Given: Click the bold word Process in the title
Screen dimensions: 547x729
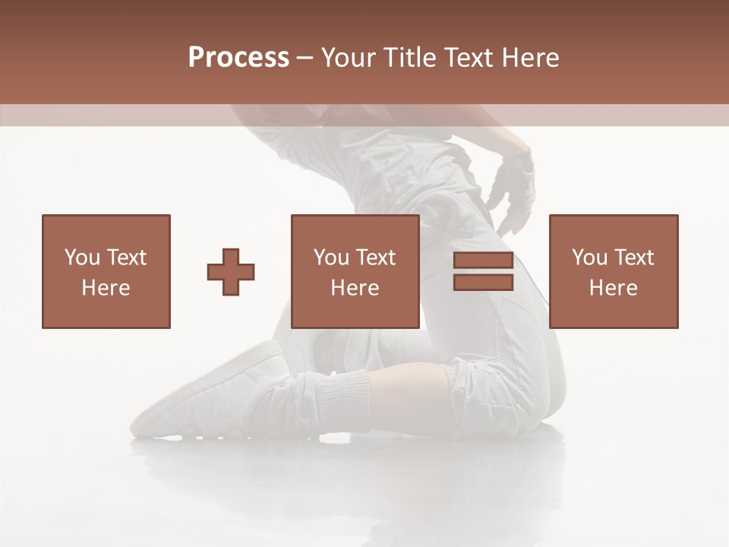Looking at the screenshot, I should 238,58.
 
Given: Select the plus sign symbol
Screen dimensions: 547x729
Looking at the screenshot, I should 231,272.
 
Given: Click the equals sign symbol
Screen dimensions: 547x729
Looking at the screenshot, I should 483,272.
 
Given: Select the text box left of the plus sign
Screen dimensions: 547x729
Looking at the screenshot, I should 106,272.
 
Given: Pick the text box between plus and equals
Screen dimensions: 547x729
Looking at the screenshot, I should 355,272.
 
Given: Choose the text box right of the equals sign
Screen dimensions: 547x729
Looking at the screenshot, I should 614,272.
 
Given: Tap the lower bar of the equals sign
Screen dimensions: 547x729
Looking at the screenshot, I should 483,283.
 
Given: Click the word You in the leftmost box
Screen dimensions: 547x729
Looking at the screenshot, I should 81,258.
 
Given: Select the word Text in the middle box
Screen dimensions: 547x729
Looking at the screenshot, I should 376,258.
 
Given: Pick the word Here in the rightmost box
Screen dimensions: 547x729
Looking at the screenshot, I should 614,288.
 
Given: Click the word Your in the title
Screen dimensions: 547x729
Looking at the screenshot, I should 350,58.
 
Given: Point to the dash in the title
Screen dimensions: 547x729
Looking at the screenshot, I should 305,58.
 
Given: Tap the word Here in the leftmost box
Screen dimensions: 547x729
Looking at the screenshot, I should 106,288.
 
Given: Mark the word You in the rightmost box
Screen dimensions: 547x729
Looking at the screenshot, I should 589,258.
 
